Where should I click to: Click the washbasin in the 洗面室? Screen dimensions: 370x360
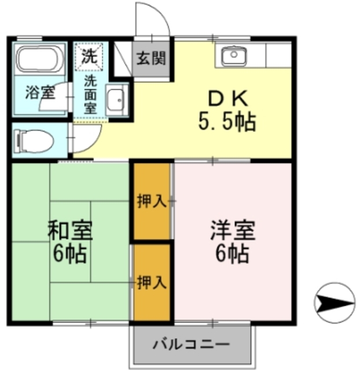click(x=117, y=101)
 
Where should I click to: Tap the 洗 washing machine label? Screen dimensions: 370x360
click(x=89, y=56)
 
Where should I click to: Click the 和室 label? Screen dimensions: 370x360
click(x=69, y=231)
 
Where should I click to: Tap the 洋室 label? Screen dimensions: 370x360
click(x=232, y=231)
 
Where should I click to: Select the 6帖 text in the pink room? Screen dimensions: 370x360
click(x=231, y=253)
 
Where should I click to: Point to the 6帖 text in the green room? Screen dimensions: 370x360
click(x=69, y=253)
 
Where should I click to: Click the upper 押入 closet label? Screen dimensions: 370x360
click(x=152, y=201)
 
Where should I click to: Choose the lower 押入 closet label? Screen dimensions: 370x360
click(x=152, y=282)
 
